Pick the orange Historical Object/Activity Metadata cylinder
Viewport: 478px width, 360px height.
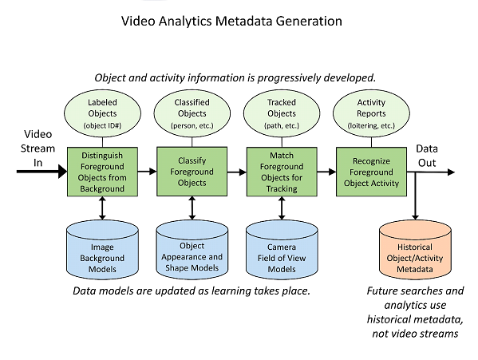pyautogui.click(x=415, y=251)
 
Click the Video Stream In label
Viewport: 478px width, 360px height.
pyautogui.click(x=38, y=148)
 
